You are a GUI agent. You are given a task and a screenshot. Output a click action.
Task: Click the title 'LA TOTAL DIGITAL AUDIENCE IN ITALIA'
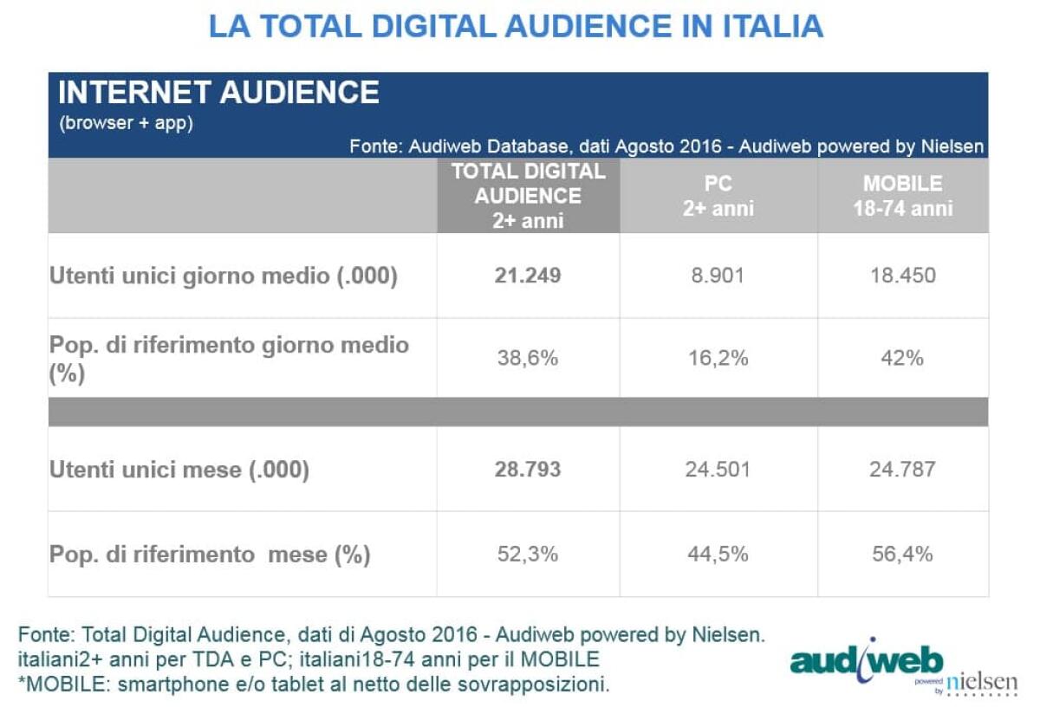point(517,27)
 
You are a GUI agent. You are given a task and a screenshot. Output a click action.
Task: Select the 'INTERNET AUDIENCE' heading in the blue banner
point(218,93)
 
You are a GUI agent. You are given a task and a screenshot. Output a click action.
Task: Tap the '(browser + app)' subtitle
point(126,123)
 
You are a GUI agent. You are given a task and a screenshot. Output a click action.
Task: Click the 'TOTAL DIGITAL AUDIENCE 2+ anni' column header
point(528,196)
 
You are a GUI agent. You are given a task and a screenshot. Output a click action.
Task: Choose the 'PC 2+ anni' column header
point(718,196)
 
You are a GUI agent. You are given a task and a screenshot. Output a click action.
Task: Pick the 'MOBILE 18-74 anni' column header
point(902,196)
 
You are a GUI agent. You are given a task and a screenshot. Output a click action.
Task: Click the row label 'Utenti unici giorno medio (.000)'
point(223,276)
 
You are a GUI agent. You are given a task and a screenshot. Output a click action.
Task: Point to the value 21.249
point(528,276)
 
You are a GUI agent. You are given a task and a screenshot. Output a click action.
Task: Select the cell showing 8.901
point(718,276)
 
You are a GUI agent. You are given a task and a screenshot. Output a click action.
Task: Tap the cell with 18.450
point(902,276)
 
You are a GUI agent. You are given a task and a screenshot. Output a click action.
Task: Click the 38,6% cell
point(528,357)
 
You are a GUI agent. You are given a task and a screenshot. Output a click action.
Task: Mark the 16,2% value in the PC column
point(718,357)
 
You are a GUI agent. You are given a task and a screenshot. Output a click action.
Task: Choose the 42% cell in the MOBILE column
point(902,357)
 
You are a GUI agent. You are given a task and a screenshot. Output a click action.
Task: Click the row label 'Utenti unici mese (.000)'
point(179,470)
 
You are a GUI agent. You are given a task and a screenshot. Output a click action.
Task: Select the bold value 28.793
point(528,470)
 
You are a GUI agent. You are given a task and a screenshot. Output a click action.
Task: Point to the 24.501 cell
point(718,470)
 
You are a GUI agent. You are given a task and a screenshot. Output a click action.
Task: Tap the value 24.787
point(902,470)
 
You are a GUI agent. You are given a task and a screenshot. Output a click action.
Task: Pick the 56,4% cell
point(902,554)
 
